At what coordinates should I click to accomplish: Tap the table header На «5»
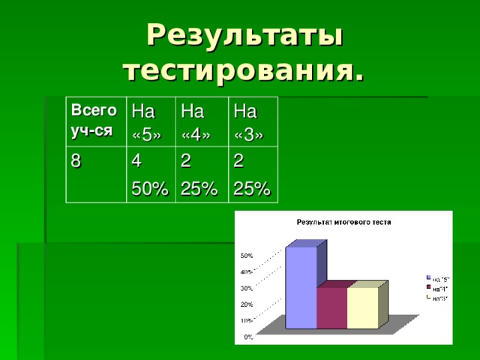coord(145,123)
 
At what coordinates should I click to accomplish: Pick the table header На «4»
coord(196,123)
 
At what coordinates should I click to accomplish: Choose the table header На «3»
coord(247,123)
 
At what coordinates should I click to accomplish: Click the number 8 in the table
coord(75,159)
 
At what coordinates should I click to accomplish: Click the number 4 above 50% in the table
coord(136,160)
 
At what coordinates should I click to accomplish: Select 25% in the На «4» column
coord(199,190)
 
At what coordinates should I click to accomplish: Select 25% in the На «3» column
coord(250,190)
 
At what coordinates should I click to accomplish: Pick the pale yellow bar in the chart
coord(363,307)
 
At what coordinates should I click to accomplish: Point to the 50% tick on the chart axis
coord(246,256)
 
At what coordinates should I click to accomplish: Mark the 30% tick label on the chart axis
coord(246,288)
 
